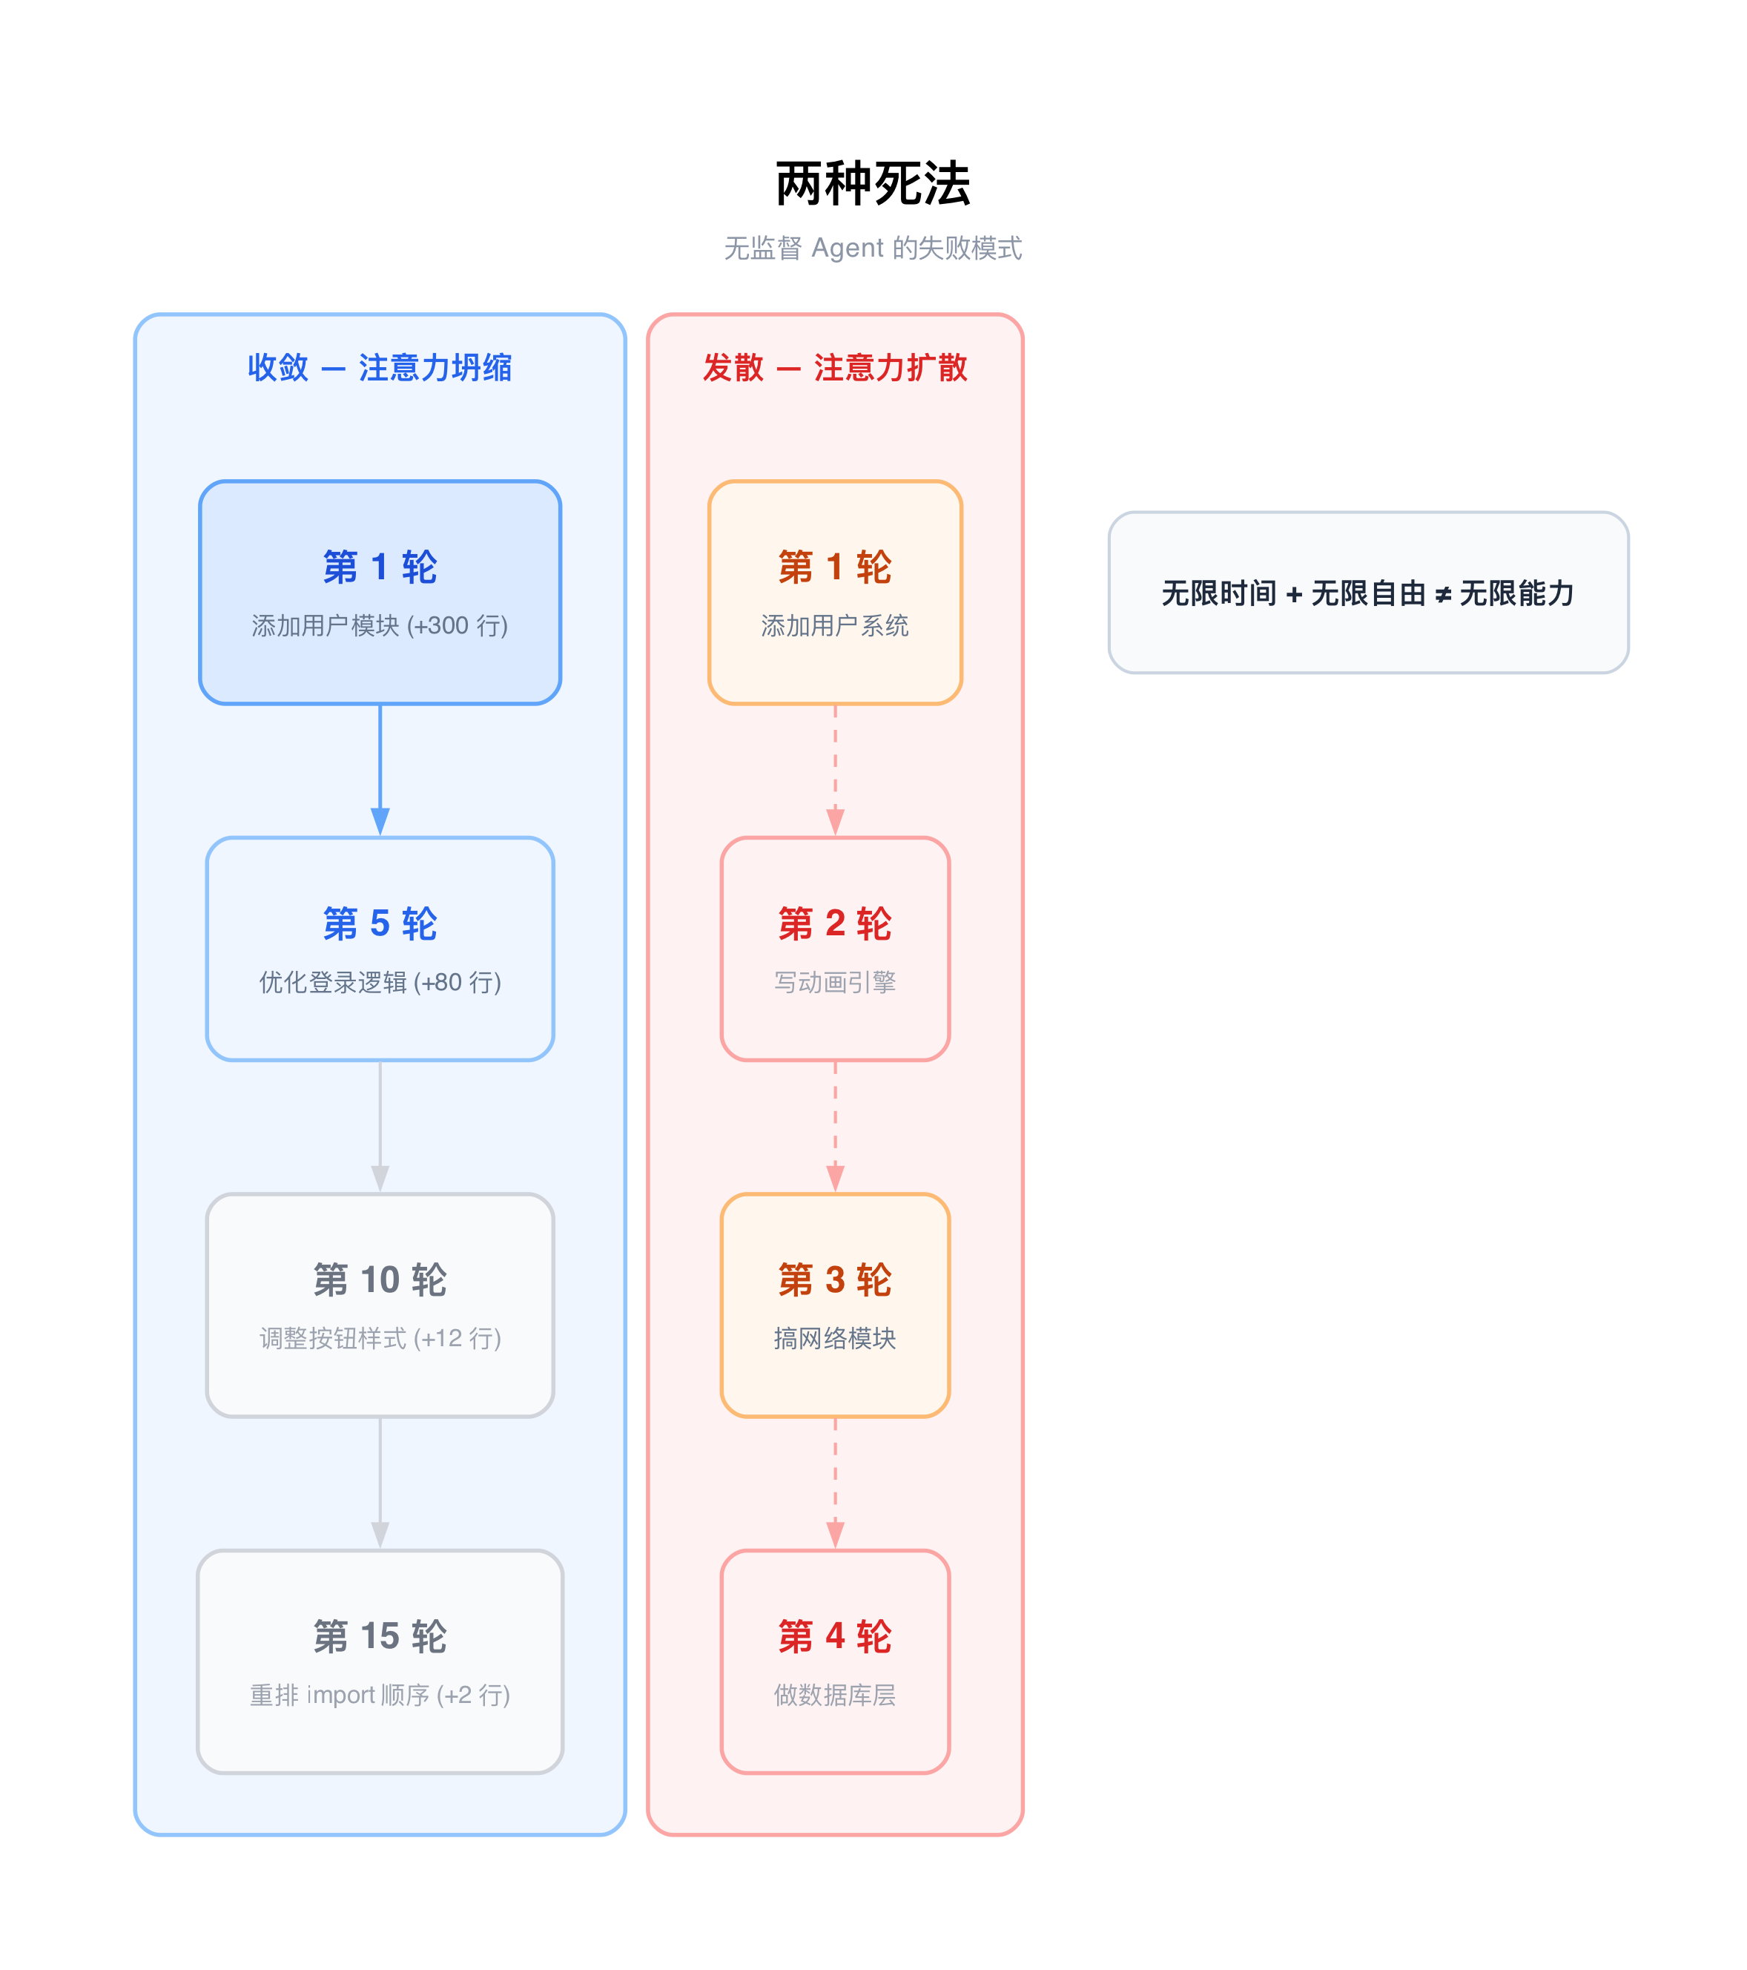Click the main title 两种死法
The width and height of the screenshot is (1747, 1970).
872,184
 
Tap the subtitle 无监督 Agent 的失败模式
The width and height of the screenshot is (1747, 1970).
872,248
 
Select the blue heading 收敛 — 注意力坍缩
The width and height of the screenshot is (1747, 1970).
380,367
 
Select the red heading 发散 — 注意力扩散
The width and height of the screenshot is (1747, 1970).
834,367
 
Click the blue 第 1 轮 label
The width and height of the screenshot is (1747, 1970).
380,567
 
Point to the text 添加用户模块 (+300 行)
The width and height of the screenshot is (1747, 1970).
380,625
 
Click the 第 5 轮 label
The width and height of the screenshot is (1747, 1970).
380,923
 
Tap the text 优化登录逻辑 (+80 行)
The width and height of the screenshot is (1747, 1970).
380,982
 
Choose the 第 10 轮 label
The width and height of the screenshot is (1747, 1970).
380,1280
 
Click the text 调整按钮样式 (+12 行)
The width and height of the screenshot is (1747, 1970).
380,1339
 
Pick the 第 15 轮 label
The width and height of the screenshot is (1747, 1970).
380,1636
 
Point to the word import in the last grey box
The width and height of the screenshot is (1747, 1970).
341,1696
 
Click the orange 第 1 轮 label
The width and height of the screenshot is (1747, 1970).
834,567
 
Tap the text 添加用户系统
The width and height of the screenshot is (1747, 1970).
834,625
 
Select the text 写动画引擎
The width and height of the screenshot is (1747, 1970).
834,982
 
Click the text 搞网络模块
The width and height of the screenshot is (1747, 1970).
834,1339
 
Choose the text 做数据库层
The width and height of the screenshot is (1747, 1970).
834,1696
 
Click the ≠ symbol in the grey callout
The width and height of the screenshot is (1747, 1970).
1442,596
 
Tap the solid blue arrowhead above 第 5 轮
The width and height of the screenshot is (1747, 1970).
380,821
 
